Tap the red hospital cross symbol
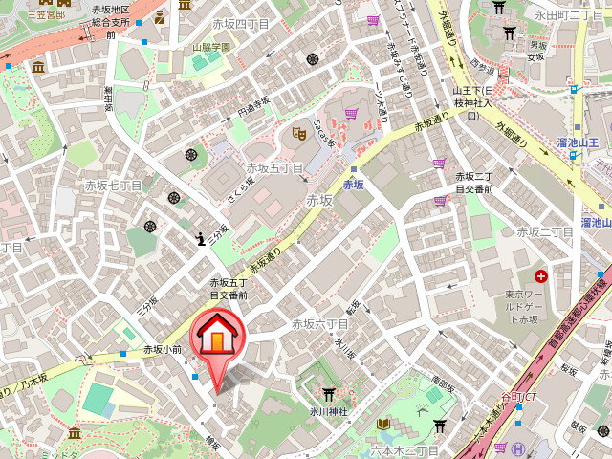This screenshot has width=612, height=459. pyautogui.click(x=542, y=275)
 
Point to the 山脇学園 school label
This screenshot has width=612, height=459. pyautogui.click(x=211, y=46)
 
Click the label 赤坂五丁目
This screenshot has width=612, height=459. pyautogui.click(x=274, y=168)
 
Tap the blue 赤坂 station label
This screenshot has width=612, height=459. pyautogui.click(x=354, y=184)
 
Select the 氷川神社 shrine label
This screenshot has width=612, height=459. pyautogui.click(x=328, y=411)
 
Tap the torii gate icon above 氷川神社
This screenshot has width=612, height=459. pyautogui.click(x=328, y=393)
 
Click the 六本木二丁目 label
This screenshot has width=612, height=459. pyautogui.click(x=404, y=449)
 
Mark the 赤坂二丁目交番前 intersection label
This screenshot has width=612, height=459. pyautogui.click(x=473, y=183)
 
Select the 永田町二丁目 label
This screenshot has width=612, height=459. pyautogui.click(x=568, y=15)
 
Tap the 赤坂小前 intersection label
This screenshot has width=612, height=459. pyautogui.click(x=163, y=350)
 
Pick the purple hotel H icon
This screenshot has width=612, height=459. pyautogui.click(x=518, y=448)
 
